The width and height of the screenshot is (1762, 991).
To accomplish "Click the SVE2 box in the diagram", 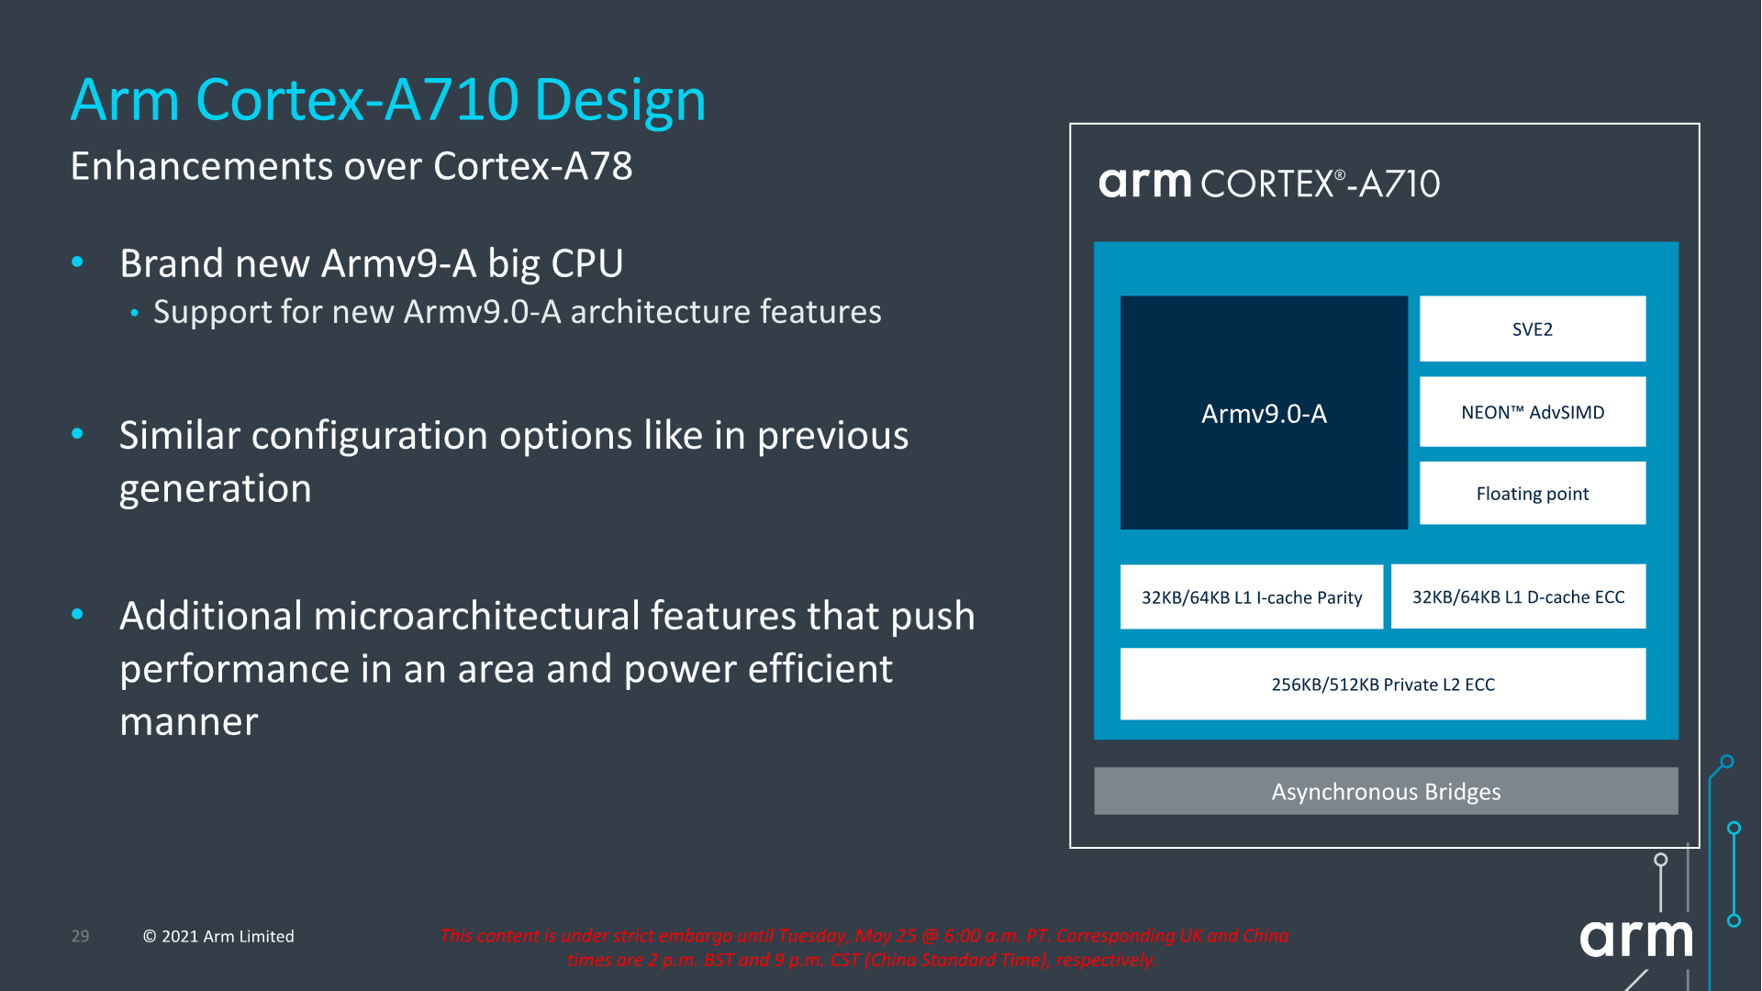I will [x=1533, y=328].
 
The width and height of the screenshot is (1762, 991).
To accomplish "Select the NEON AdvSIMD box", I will [x=1533, y=412].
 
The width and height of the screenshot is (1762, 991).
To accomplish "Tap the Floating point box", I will [x=1533, y=493].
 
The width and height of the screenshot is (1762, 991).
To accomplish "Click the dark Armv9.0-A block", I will [x=1264, y=413].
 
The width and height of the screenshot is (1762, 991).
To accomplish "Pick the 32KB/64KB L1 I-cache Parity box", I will [x=1251, y=597].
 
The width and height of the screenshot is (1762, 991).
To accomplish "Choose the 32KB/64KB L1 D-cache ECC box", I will [x=1518, y=596].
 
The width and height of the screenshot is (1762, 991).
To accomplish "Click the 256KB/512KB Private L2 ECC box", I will [x=1382, y=685].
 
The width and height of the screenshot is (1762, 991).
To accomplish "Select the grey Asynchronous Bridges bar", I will [x=1386, y=791].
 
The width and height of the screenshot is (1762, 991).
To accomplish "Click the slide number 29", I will [x=81, y=936].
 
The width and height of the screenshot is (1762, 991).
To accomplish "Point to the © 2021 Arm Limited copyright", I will [x=218, y=936].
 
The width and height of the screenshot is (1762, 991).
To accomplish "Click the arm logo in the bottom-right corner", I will [x=1635, y=938].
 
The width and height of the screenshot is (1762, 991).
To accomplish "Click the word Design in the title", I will [x=620, y=100].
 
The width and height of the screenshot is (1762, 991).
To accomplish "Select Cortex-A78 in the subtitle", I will [x=532, y=166].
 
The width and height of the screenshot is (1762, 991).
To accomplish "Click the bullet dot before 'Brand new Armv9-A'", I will [x=78, y=262].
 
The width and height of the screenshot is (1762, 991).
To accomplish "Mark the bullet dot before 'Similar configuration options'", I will [x=78, y=434].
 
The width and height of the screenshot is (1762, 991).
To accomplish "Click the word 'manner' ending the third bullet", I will [x=189, y=722].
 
